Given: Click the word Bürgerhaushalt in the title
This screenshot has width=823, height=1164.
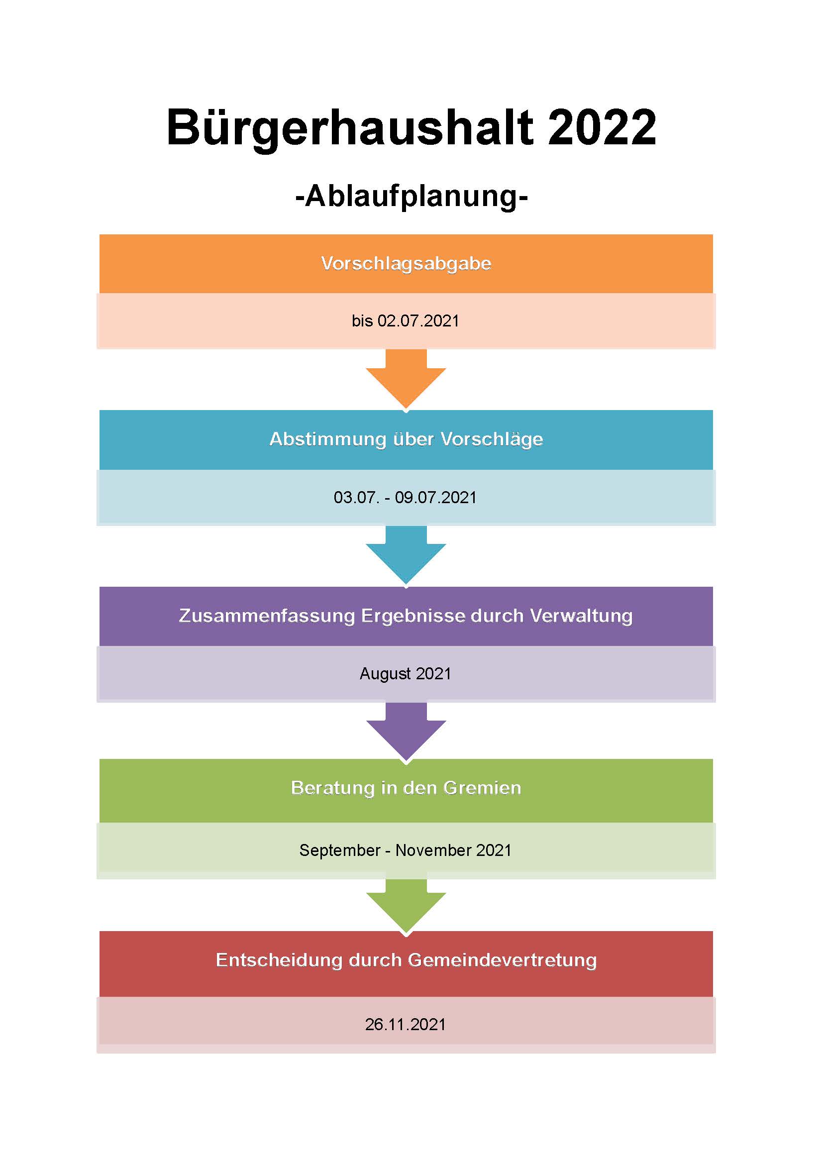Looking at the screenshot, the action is [350, 129].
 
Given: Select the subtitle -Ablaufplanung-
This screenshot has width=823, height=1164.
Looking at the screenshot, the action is [411, 197].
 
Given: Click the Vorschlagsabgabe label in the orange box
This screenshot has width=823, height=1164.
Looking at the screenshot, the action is [407, 264].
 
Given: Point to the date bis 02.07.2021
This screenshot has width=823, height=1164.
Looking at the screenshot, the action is [406, 321].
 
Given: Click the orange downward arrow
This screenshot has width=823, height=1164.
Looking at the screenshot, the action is [406, 379].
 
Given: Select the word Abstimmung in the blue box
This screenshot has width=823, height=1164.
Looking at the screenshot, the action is [328, 439].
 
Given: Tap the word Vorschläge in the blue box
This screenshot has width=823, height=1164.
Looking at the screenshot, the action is [492, 439].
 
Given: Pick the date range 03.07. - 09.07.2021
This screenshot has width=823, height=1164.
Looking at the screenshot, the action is [406, 497].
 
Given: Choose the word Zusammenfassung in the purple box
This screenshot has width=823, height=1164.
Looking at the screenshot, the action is [267, 616].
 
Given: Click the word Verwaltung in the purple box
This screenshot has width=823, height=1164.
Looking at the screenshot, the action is [581, 616].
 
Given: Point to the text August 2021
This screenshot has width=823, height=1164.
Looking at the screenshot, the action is [406, 674].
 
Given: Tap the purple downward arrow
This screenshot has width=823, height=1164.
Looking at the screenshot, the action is [406, 732].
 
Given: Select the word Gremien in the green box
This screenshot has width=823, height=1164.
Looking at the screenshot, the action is [482, 788].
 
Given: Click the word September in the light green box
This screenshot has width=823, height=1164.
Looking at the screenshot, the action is [339, 850].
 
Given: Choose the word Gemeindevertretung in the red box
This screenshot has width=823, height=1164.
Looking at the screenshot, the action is [502, 960].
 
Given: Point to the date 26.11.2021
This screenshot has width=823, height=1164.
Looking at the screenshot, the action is [406, 1025].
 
